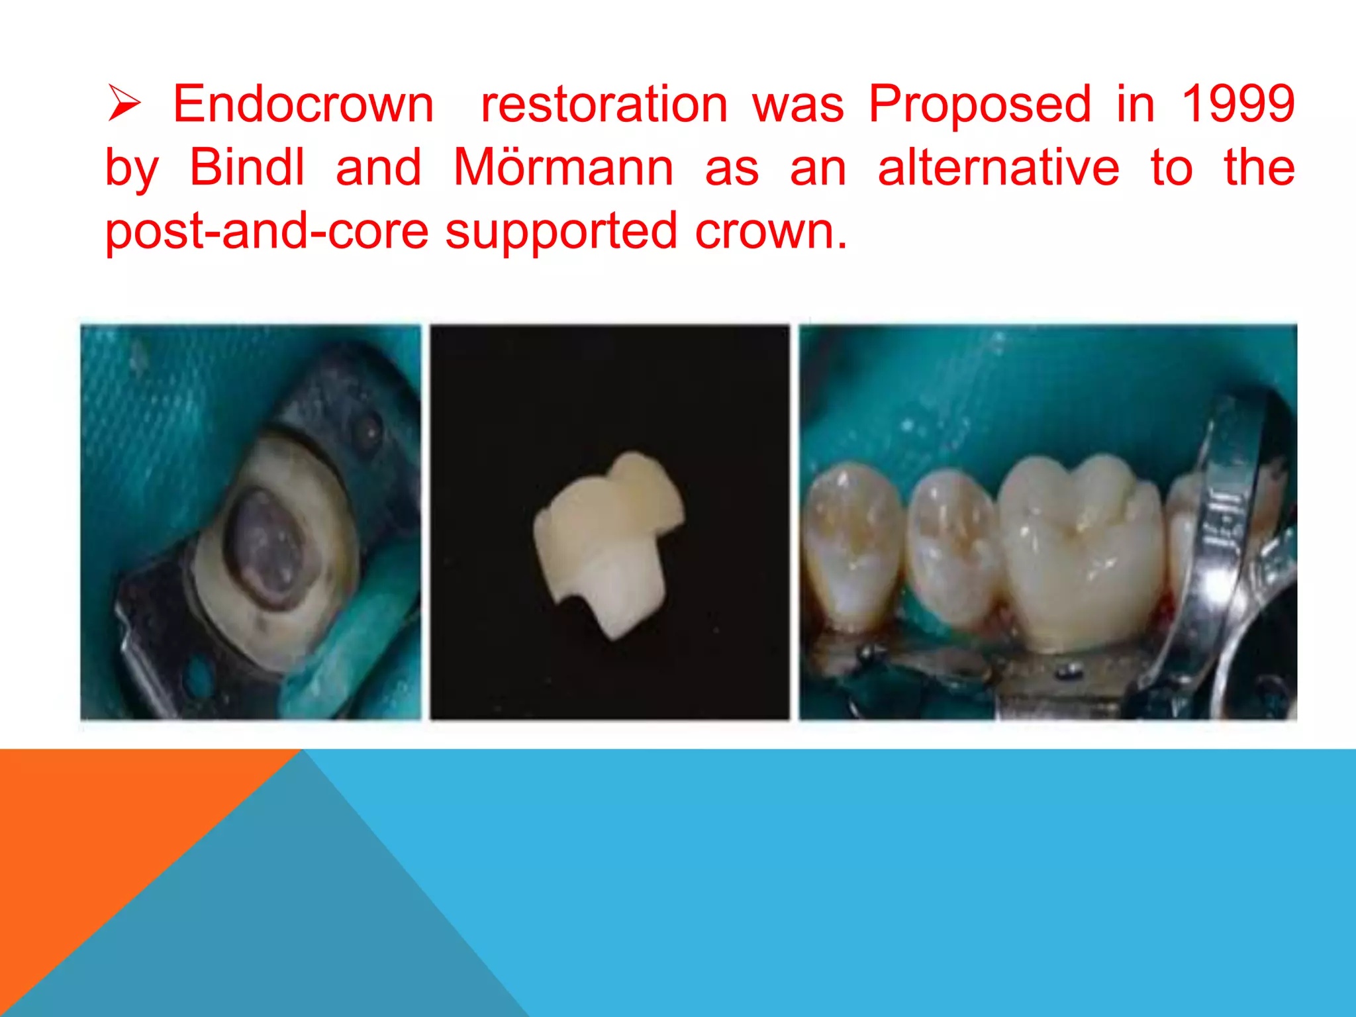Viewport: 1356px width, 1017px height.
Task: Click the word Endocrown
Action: tap(303, 105)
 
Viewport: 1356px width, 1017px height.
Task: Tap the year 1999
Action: tap(1237, 105)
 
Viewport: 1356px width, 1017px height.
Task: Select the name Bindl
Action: tap(247, 168)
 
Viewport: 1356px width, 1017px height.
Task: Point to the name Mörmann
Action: tap(563, 168)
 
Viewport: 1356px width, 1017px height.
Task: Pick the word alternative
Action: tap(998, 168)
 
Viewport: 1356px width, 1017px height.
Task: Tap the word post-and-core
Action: tap(267, 232)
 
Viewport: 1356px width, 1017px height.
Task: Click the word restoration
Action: tap(604, 105)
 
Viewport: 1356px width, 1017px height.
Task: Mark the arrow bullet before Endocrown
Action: tap(124, 105)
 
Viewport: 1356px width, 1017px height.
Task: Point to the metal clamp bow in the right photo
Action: tap(1225, 530)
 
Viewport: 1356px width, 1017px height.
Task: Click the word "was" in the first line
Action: tap(798, 105)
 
